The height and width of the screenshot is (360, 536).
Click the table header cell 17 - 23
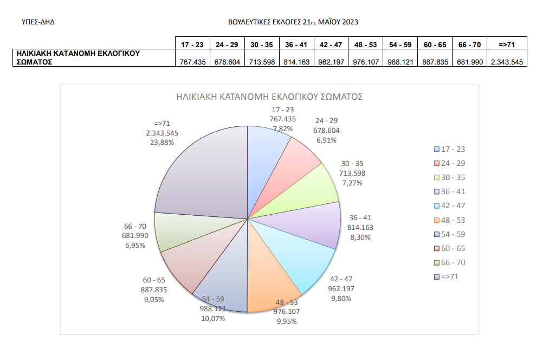pos(192,44)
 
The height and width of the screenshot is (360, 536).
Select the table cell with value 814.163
pos(296,62)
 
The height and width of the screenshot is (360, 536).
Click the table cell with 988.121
pos(401,62)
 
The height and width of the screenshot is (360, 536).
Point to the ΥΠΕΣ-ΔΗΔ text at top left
pos(38,22)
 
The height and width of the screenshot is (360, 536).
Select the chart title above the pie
pos(269,97)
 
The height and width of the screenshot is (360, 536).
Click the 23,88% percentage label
pos(162,143)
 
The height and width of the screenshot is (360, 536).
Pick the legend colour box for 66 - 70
pos(437,262)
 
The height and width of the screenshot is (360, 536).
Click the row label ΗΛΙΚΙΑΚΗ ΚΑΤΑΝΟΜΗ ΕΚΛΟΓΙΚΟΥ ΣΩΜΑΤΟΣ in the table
pos(79,57)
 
